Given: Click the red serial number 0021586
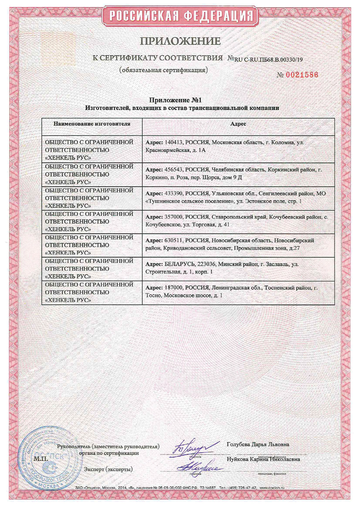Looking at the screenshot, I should (302, 75).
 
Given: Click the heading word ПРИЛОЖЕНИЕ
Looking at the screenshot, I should (180, 41).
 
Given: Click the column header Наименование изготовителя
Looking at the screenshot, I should (92, 124).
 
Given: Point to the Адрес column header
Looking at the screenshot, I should (238, 124).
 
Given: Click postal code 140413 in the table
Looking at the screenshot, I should (173, 142).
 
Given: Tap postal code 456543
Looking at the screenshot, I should (173, 169).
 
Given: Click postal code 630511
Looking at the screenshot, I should (173, 241).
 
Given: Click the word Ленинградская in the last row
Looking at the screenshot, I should (230, 288).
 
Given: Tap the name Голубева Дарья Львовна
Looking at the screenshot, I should (258, 444).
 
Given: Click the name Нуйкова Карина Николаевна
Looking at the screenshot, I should (263, 459).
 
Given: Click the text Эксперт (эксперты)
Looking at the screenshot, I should (108, 469).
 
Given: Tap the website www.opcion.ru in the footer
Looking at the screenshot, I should (272, 488).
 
